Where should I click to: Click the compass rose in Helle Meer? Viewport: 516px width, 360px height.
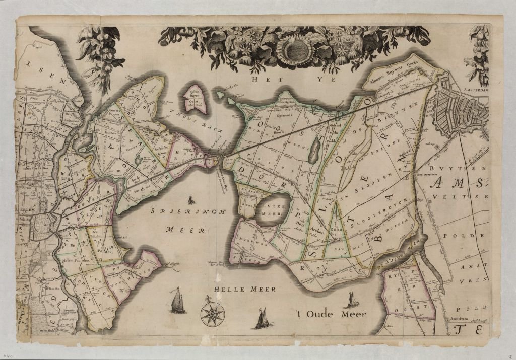(212, 314)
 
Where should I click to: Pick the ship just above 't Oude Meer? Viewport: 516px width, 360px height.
(349, 300)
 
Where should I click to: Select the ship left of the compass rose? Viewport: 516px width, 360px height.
(177, 301)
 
